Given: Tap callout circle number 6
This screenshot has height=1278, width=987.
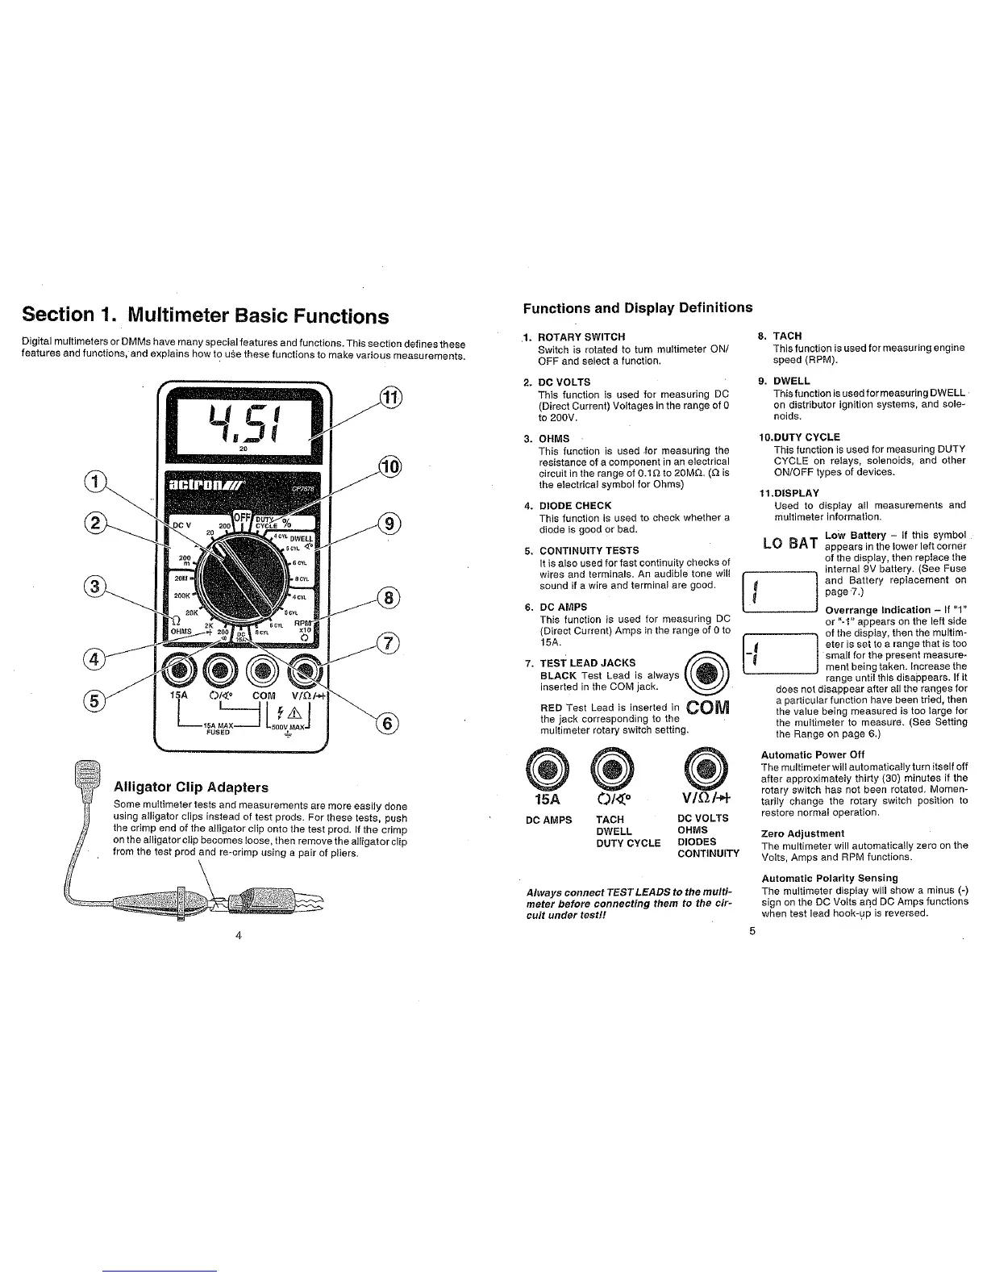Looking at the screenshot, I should [x=386, y=724].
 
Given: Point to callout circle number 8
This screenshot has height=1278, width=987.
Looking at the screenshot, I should [x=389, y=598].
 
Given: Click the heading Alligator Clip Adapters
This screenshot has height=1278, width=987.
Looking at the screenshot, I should [x=191, y=787].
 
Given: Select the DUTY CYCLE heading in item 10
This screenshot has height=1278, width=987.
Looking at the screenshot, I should [x=806, y=436].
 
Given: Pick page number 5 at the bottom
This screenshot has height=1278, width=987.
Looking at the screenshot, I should [x=752, y=931].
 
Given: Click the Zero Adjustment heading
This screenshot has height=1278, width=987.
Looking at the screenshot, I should [x=802, y=833].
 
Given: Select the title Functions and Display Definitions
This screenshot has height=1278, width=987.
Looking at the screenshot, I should [x=637, y=307].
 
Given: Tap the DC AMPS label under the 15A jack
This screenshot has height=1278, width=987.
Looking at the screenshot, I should [x=548, y=820].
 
